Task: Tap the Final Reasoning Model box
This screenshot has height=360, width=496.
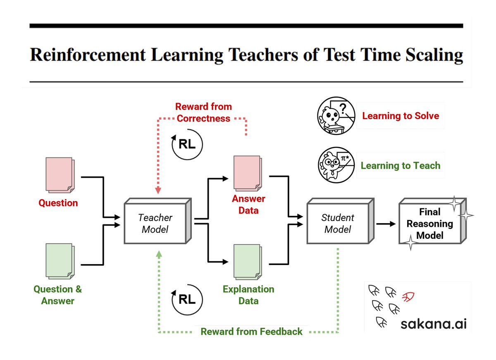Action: [430, 224]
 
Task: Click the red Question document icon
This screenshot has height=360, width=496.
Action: [59, 176]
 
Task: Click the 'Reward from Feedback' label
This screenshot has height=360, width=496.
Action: [251, 331]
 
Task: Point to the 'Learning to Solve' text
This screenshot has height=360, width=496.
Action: [401, 116]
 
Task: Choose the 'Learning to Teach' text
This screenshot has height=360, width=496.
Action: [401, 166]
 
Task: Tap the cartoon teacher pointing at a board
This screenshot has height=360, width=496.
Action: [336, 164]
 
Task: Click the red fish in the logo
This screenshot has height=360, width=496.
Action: [408, 296]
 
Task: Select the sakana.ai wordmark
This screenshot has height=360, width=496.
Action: [433, 324]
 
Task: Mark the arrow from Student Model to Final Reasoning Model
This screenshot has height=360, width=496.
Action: [386, 224]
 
